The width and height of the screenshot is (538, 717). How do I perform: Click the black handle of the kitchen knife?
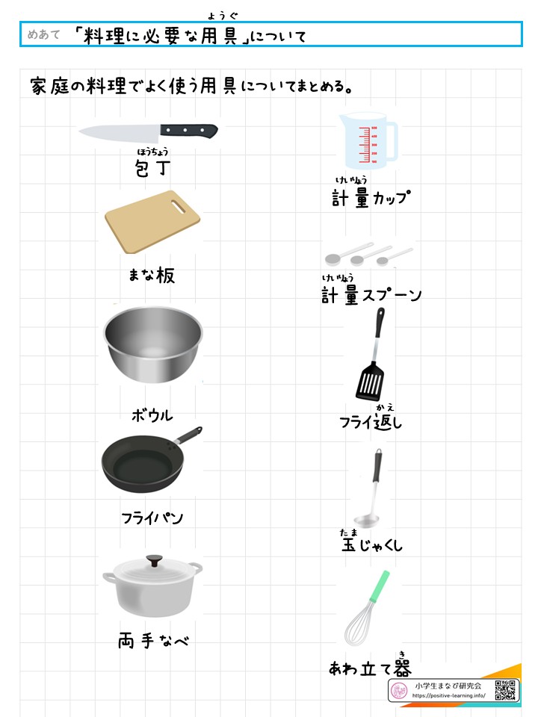click(x=188, y=131)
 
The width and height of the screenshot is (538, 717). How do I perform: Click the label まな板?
click(x=152, y=276)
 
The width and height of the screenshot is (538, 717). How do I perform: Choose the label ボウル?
click(x=152, y=415)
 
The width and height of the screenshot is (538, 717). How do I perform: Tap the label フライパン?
click(x=152, y=518)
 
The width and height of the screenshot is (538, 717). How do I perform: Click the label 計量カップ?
click(x=372, y=198)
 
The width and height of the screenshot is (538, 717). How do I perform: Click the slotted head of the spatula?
click(x=371, y=381)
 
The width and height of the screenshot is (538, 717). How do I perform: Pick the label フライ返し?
click(x=371, y=423)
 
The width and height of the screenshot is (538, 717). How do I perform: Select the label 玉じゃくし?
click(x=371, y=545)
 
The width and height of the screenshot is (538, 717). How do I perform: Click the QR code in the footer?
click(x=505, y=690)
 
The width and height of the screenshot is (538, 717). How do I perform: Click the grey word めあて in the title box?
click(x=43, y=34)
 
